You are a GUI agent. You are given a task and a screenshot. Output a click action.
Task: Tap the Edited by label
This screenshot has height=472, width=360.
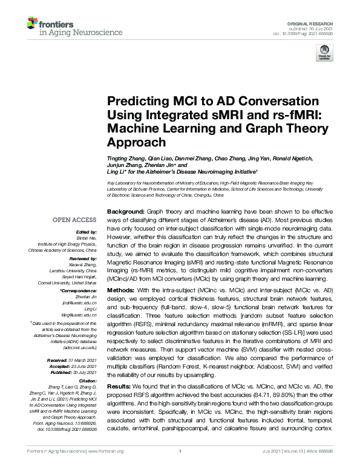pyautogui.click(x=86, y=232)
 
